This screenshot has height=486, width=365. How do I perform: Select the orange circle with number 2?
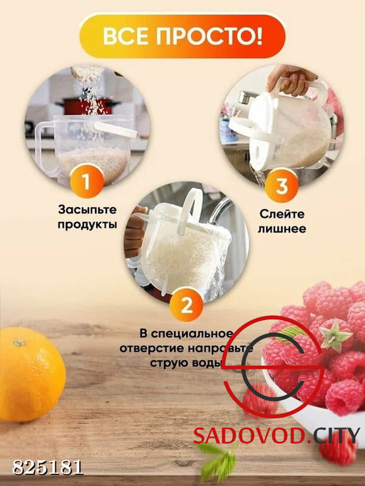coord(186,306)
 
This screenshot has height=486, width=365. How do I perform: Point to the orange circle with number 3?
coord(281,187)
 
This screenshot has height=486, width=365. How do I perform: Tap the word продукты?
coord(86,224)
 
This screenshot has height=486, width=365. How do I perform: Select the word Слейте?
coord(282,215)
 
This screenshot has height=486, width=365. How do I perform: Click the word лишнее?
coord(282,228)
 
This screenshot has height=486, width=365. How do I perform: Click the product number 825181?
coord(48,467)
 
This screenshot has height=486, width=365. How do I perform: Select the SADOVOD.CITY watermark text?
coord(277,435)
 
